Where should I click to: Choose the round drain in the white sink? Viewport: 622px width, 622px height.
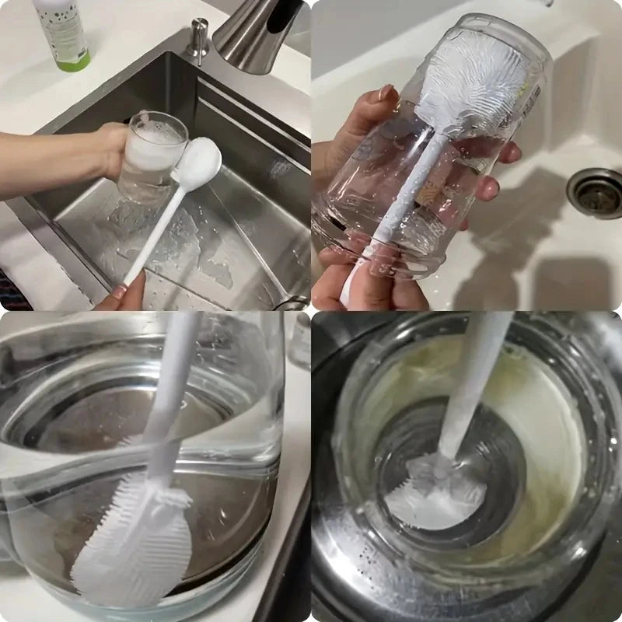pos(595,192)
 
